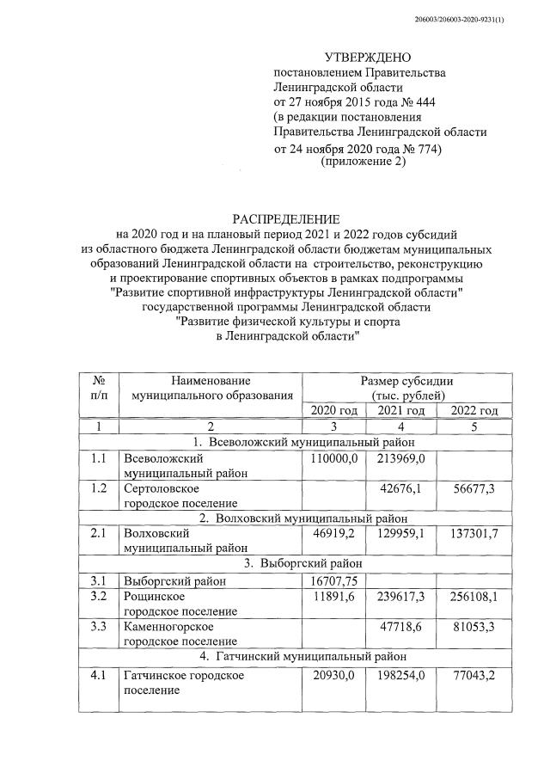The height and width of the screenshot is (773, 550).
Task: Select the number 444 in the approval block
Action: (x=420, y=102)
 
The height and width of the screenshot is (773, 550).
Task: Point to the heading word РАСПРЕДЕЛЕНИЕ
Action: (x=286, y=219)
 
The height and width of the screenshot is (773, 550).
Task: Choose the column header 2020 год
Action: (x=333, y=411)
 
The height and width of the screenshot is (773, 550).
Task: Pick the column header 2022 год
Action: (x=468, y=411)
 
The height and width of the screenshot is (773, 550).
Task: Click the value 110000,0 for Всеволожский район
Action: (x=333, y=459)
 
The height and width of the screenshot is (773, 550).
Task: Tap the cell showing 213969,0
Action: (x=400, y=459)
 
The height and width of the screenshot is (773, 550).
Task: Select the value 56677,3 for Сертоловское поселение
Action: (x=468, y=488)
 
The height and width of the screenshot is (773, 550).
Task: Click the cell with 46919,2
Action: (x=333, y=533)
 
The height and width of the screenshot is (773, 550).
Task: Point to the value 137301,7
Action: (x=468, y=533)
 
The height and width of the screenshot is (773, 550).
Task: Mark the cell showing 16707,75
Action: (x=333, y=580)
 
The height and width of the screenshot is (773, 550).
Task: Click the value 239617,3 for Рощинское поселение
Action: (x=400, y=596)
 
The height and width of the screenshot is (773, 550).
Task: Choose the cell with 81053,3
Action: (x=468, y=628)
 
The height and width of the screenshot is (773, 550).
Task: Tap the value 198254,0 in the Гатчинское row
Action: (x=400, y=676)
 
